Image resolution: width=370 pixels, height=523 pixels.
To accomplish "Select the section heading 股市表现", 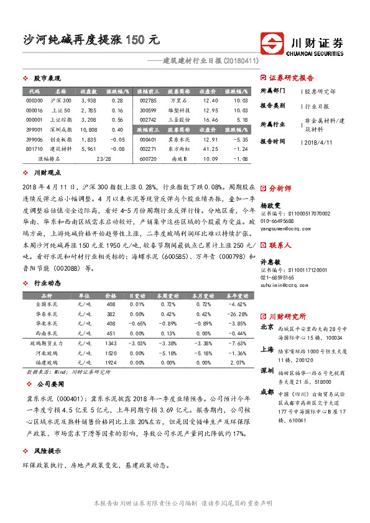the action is pos(47,79).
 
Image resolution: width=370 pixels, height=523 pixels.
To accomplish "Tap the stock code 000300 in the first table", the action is pos(34,100).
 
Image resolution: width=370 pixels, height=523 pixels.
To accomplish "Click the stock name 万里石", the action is pos(179,100).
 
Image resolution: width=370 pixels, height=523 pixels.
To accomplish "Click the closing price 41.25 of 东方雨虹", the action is pos(211,149).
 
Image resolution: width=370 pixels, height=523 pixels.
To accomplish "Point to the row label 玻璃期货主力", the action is pos(46,343).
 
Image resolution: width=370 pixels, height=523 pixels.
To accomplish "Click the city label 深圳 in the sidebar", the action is pos(267,370).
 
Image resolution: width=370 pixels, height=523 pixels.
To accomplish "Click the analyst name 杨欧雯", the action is pos(270,204).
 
